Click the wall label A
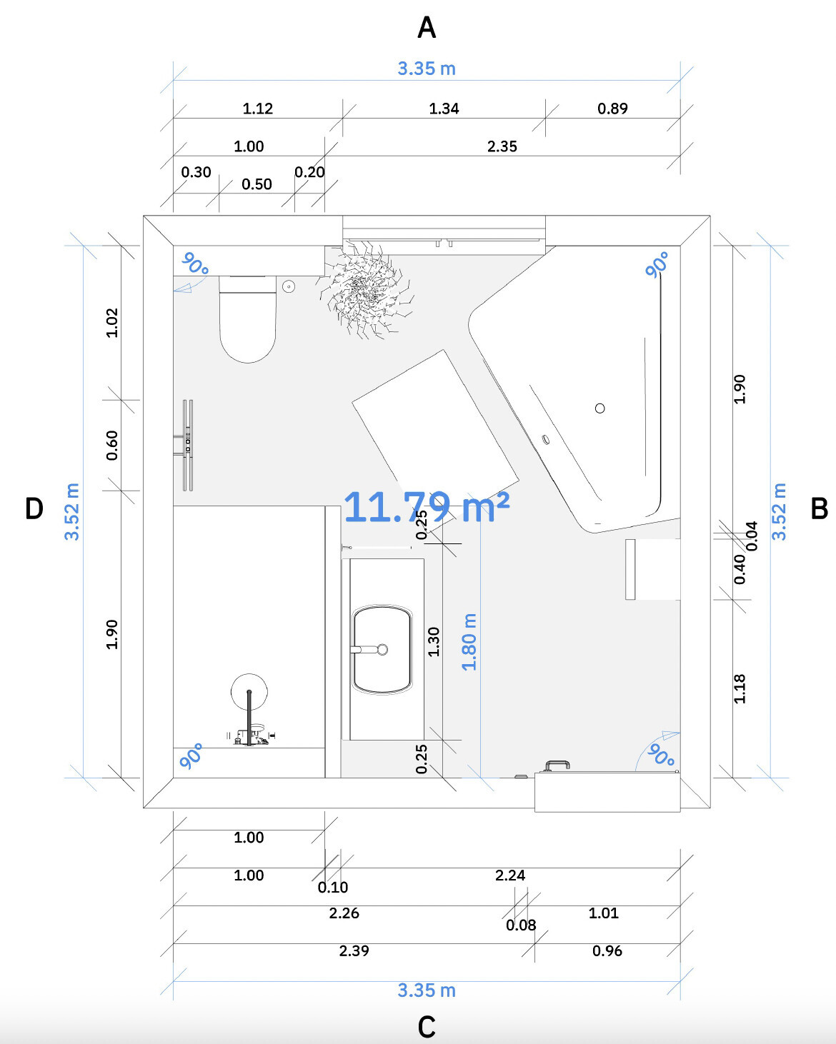pos(427,28)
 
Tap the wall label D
pos(34,508)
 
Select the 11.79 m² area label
pos(427,507)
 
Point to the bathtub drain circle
pos(599,408)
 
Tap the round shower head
pos(249,692)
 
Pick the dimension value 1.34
pos(444,108)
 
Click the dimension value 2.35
pos(502,146)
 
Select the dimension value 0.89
pos(612,108)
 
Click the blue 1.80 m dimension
pos(469,642)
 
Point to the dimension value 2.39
pos(354,950)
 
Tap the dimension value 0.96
pos(607,950)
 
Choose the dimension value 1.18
pos(739,688)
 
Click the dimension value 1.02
pos(111,323)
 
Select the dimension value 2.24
pos(509,875)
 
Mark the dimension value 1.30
pos(434,641)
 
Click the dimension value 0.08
pos(521,925)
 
